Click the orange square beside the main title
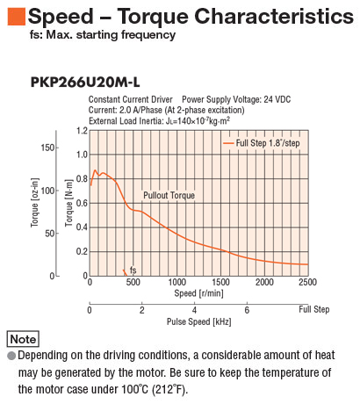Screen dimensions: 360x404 [x=17, y=17]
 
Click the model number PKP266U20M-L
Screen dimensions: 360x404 [x=85, y=83]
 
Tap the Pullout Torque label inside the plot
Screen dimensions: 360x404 [x=169, y=195]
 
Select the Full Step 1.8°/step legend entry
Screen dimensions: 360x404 [x=262, y=143]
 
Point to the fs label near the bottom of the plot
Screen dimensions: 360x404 [x=133, y=270]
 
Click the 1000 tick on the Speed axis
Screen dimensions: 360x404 [x=176, y=282]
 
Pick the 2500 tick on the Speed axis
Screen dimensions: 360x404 [x=307, y=282]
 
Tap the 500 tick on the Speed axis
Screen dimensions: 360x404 [x=133, y=282]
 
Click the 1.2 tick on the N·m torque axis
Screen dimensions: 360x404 [x=82, y=131]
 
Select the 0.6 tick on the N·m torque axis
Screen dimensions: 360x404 [x=82, y=203]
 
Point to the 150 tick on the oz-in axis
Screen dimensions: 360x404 [x=47, y=148]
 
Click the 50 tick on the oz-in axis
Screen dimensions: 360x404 [x=50, y=234]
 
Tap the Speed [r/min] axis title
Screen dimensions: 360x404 [x=198, y=293]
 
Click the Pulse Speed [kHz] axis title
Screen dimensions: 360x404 [x=199, y=321]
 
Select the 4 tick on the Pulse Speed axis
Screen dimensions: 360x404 [x=194, y=310]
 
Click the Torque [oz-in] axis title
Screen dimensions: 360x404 [x=34, y=202]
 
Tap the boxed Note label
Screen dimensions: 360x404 [x=23, y=339]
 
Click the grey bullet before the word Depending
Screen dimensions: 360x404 [x=11, y=356]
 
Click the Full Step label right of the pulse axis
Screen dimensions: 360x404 [x=314, y=309]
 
